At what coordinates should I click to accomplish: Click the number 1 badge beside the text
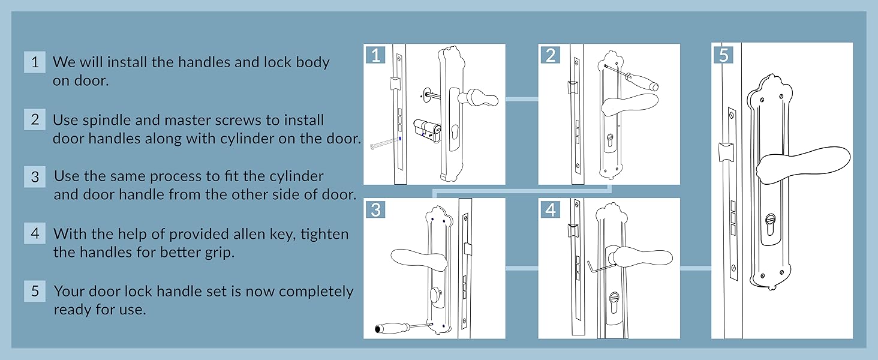[x=35, y=62]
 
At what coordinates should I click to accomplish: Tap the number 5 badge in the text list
[x=35, y=291]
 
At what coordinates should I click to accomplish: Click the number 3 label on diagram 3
[x=376, y=209]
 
